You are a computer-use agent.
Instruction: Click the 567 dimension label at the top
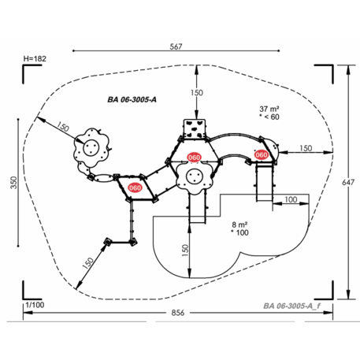click(176, 46)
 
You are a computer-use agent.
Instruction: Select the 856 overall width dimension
click(178, 313)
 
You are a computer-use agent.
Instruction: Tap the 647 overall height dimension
click(348, 182)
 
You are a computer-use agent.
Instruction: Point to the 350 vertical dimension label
click(13, 182)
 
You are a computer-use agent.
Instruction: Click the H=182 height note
click(35, 58)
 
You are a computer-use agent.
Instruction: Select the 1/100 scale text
click(35, 305)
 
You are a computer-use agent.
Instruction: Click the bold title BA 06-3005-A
click(132, 100)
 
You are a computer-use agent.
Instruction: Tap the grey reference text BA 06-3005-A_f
click(291, 306)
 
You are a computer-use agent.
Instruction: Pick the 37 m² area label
click(269, 109)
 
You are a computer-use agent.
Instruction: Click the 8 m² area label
click(239, 225)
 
